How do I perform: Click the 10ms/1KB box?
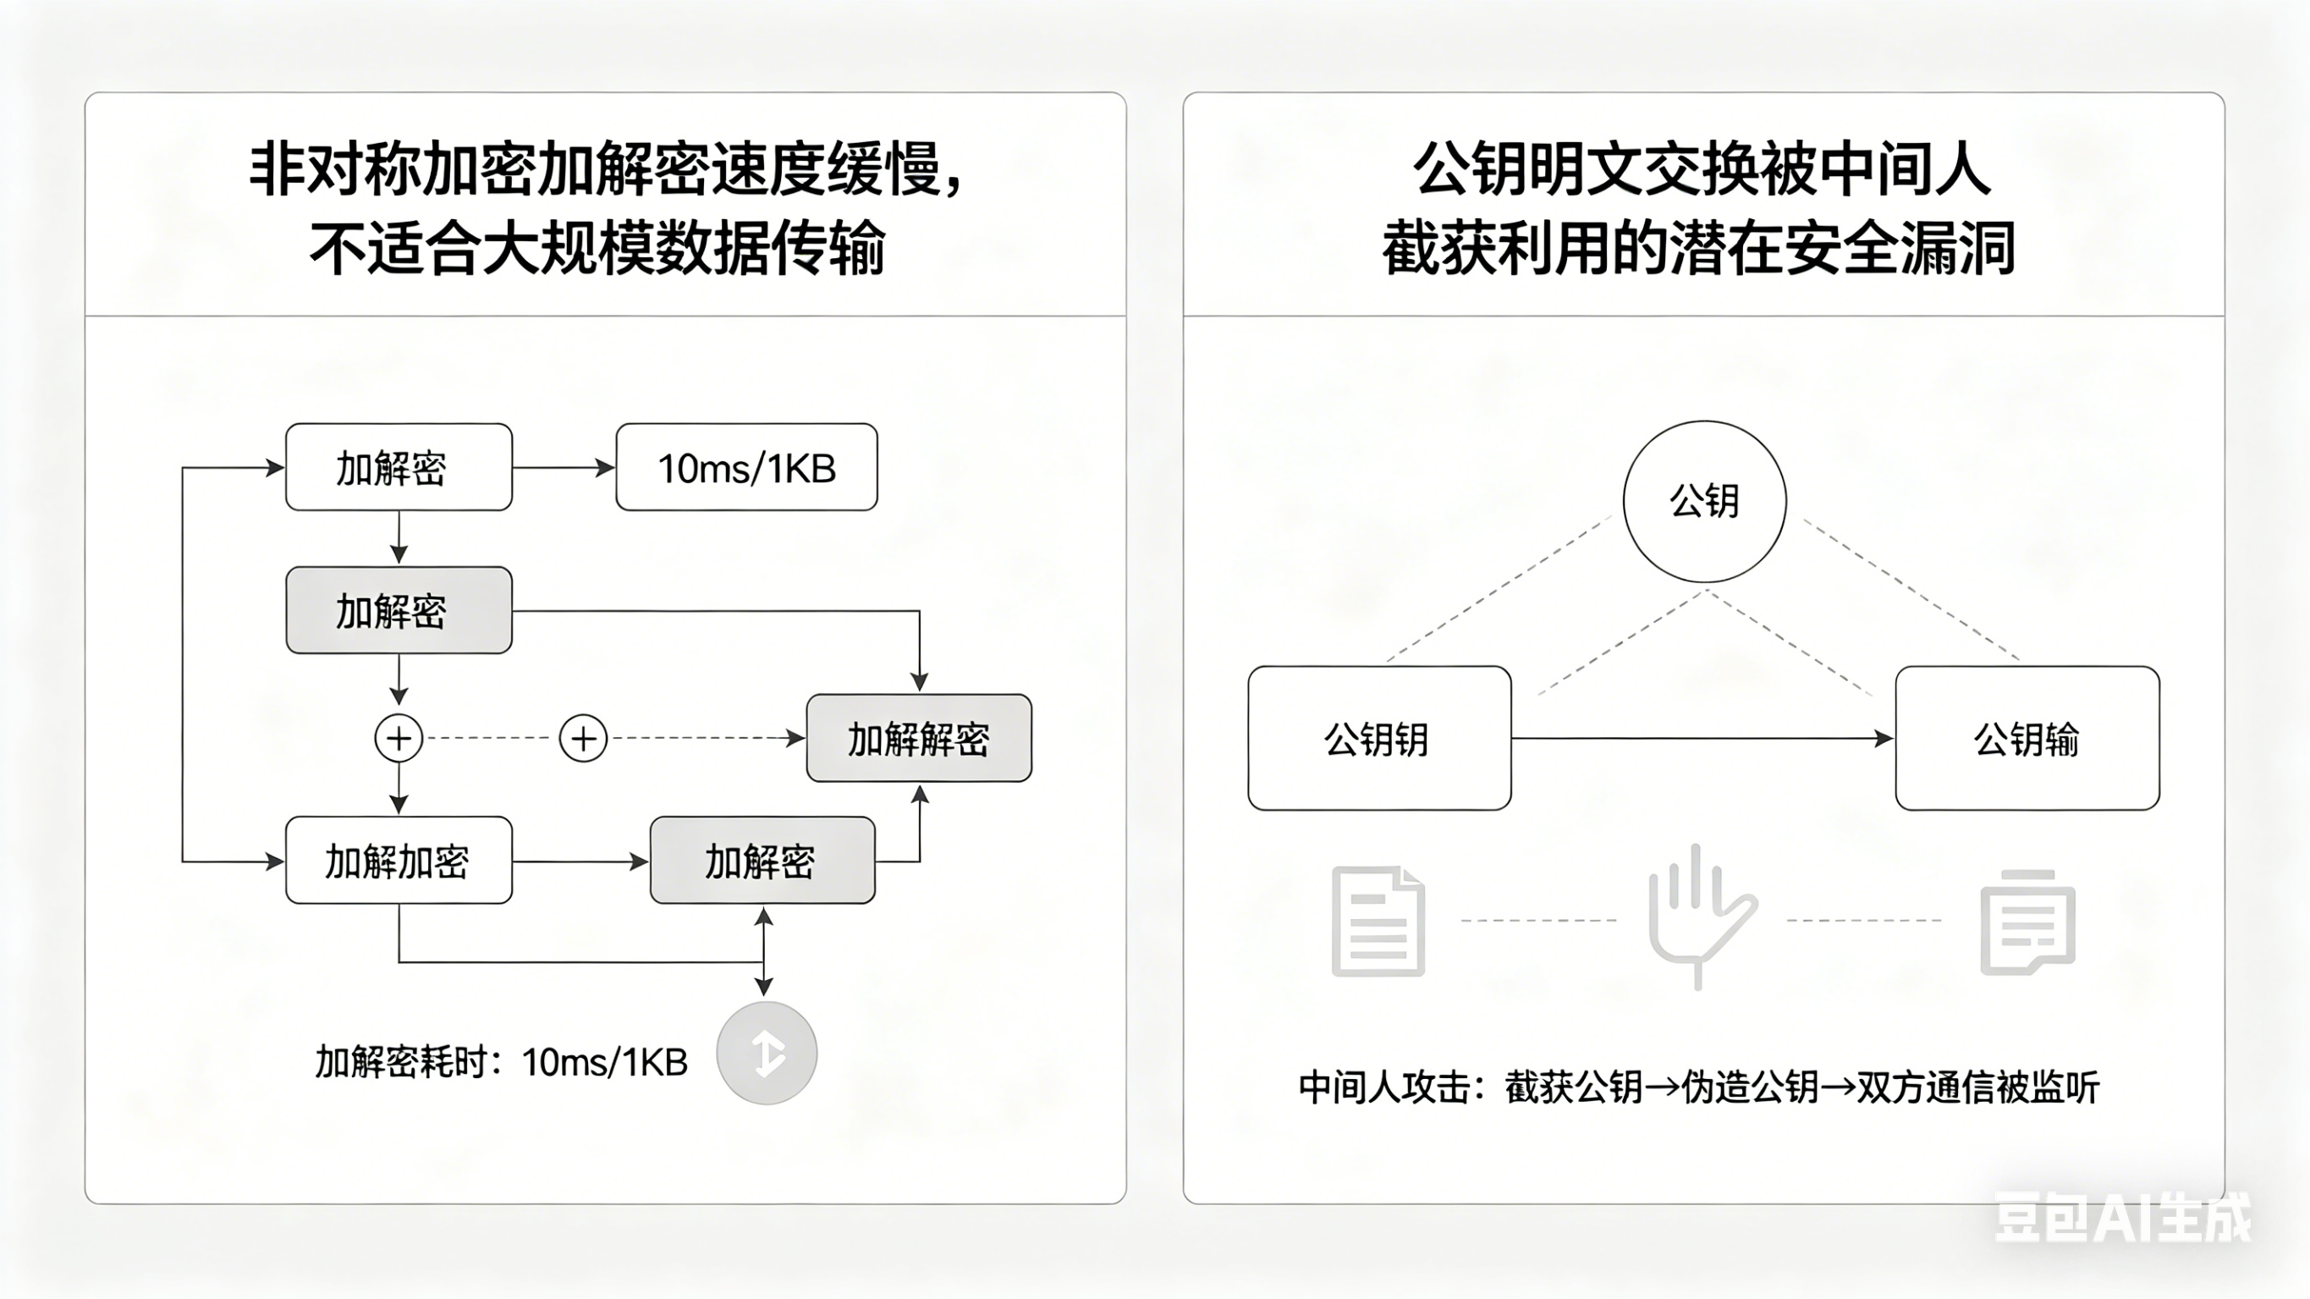(746, 467)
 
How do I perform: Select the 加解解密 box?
(919, 738)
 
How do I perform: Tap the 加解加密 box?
(399, 861)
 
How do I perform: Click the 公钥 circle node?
(1704, 501)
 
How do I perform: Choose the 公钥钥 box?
(1379, 738)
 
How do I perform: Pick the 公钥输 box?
(2027, 738)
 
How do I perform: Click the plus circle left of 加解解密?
(583, 738)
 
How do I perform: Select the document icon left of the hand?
(1378, 921)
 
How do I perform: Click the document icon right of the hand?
(2027, 922)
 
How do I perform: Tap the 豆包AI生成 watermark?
(2121, 1218)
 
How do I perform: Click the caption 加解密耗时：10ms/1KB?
(501, 1062)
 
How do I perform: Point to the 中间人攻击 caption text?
(1698, 1087)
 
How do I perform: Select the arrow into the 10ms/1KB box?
(564, 467)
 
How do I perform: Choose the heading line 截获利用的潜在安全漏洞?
(1698, 249)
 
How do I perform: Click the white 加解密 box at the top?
(399, 467)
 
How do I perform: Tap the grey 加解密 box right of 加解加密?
(762, 861)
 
